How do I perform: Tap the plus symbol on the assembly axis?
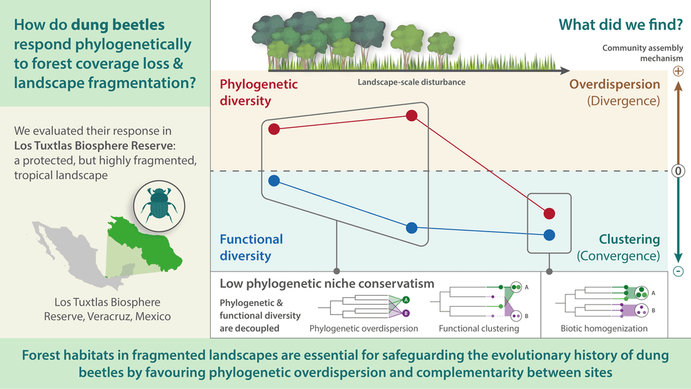[x=678, y=71]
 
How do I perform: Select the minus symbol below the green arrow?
[x=678, y=272]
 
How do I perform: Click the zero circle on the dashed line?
[x=678, y=171]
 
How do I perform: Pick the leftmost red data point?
[x=274, y=129]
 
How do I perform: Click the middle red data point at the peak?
[x=412, y=116]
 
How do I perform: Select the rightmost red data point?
[x=549, y=213]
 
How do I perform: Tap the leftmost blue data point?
[x=274, y=181]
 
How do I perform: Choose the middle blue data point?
[x=412, y=227]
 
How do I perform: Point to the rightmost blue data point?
[x=549, y=234]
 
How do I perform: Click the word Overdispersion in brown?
[x=614, y=85]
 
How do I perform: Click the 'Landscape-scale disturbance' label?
[x=411, y=82]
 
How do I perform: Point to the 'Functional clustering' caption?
[x=479, y=328]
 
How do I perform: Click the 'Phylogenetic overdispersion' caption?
[x=363, y=328]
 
